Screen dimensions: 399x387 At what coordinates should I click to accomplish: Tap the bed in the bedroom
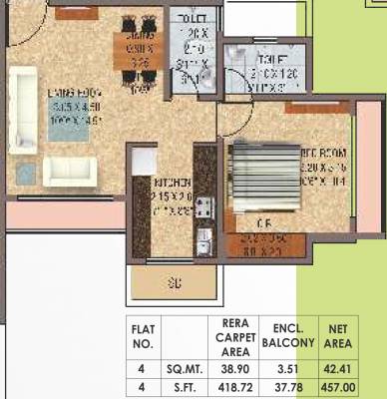[x=264, y=181]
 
